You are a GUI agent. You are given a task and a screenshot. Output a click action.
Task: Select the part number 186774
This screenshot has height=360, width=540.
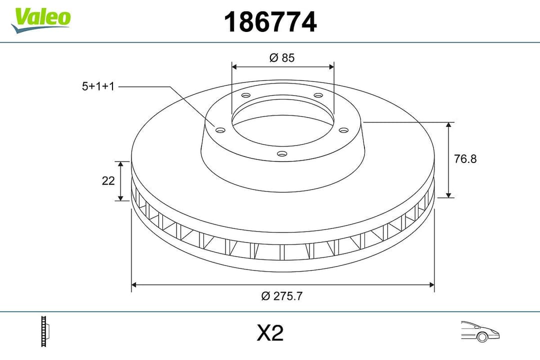270,22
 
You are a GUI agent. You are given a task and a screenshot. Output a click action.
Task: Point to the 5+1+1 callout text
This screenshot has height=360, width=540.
98,86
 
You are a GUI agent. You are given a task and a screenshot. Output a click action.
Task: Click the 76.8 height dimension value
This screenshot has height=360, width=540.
465,159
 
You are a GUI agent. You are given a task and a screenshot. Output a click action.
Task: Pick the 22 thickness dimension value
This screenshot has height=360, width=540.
108,181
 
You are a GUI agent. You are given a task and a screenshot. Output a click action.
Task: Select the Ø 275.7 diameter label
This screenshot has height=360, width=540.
282,296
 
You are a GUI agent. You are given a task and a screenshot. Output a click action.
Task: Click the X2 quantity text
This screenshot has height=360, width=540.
270,333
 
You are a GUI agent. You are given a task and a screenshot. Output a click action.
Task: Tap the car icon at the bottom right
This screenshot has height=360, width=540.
480,331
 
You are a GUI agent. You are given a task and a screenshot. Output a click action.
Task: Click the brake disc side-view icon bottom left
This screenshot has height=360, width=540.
46,331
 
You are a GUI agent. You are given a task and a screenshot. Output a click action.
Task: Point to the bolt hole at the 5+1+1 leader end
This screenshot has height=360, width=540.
220,130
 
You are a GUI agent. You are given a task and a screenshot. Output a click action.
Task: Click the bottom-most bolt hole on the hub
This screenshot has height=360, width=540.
282,154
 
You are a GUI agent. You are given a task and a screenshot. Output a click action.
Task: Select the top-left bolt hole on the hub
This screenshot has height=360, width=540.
245,95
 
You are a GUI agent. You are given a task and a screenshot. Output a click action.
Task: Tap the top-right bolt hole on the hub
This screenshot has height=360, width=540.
318,95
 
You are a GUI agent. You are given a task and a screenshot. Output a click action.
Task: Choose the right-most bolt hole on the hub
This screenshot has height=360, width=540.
343,130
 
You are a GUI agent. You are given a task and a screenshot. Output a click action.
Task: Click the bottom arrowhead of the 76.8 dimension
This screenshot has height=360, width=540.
449,194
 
